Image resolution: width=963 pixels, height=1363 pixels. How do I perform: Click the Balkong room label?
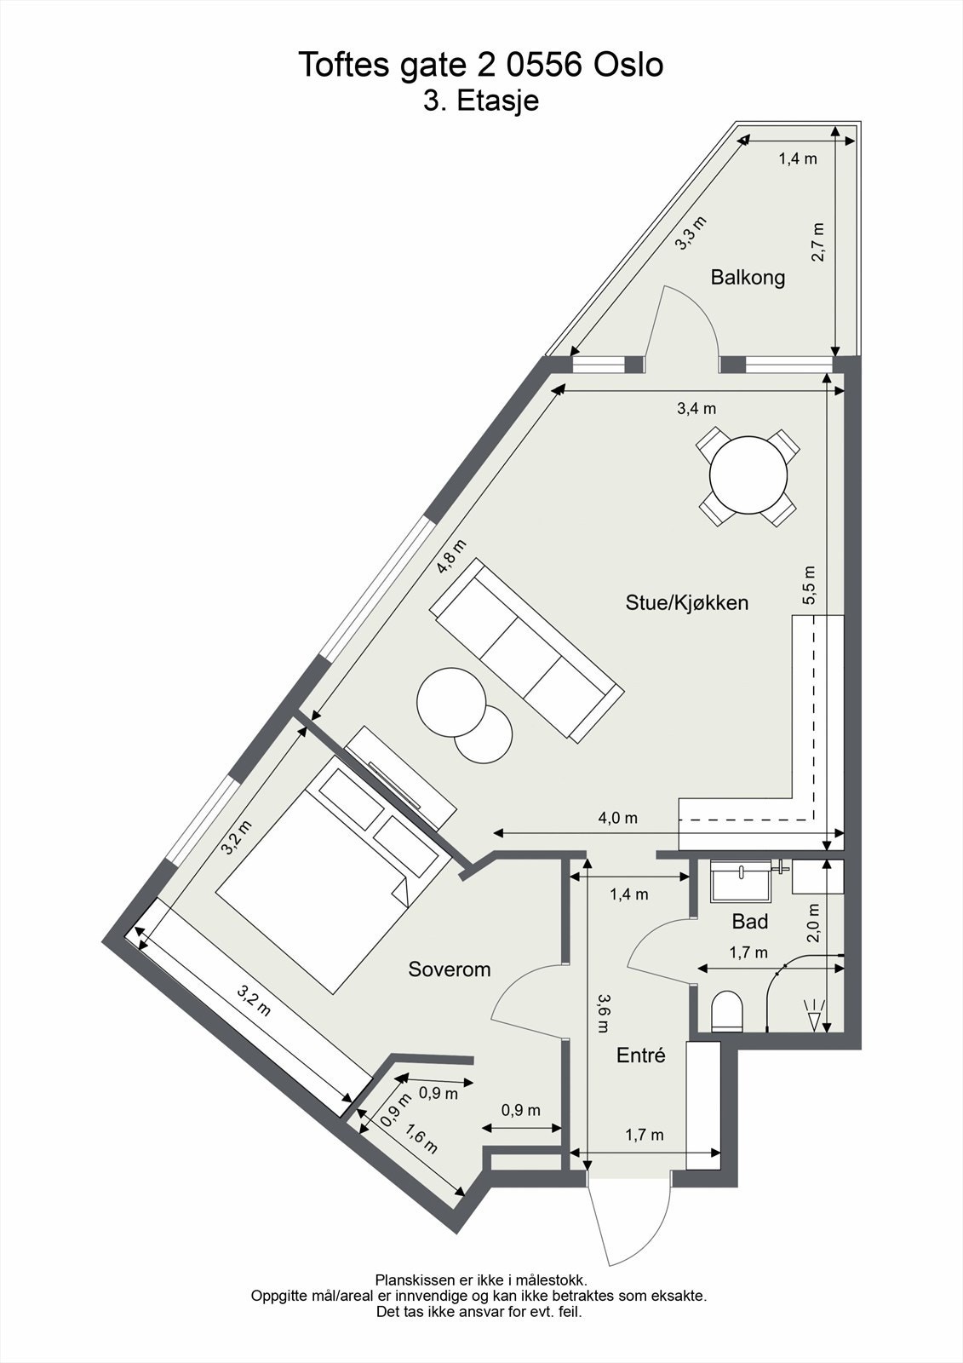(x=748, y=277)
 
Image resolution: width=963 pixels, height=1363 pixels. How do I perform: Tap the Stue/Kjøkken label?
(x=686, y=603)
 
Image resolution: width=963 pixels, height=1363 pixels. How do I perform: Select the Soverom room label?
(x=449, y=969)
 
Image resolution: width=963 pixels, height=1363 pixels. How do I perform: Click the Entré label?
(x=640, y=1055)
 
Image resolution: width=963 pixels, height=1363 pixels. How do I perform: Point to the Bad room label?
(x=749, y=921)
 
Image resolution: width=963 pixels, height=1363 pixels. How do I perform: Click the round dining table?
(x=748, y=475)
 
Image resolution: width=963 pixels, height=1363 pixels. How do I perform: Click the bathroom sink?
(x=740, y=881)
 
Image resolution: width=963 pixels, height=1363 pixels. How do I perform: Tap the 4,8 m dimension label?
(x=451, y=556)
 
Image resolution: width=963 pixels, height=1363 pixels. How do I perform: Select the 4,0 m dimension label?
(x=617, y=818)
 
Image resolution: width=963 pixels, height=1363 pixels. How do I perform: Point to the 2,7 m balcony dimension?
(x=818, y=242)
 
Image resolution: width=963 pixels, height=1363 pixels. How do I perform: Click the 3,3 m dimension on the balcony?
(x=691, y=233)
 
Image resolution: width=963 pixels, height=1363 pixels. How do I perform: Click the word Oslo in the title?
(x=628, y=65)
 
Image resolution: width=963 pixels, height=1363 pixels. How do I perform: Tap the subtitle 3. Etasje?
(x=481, y=101)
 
